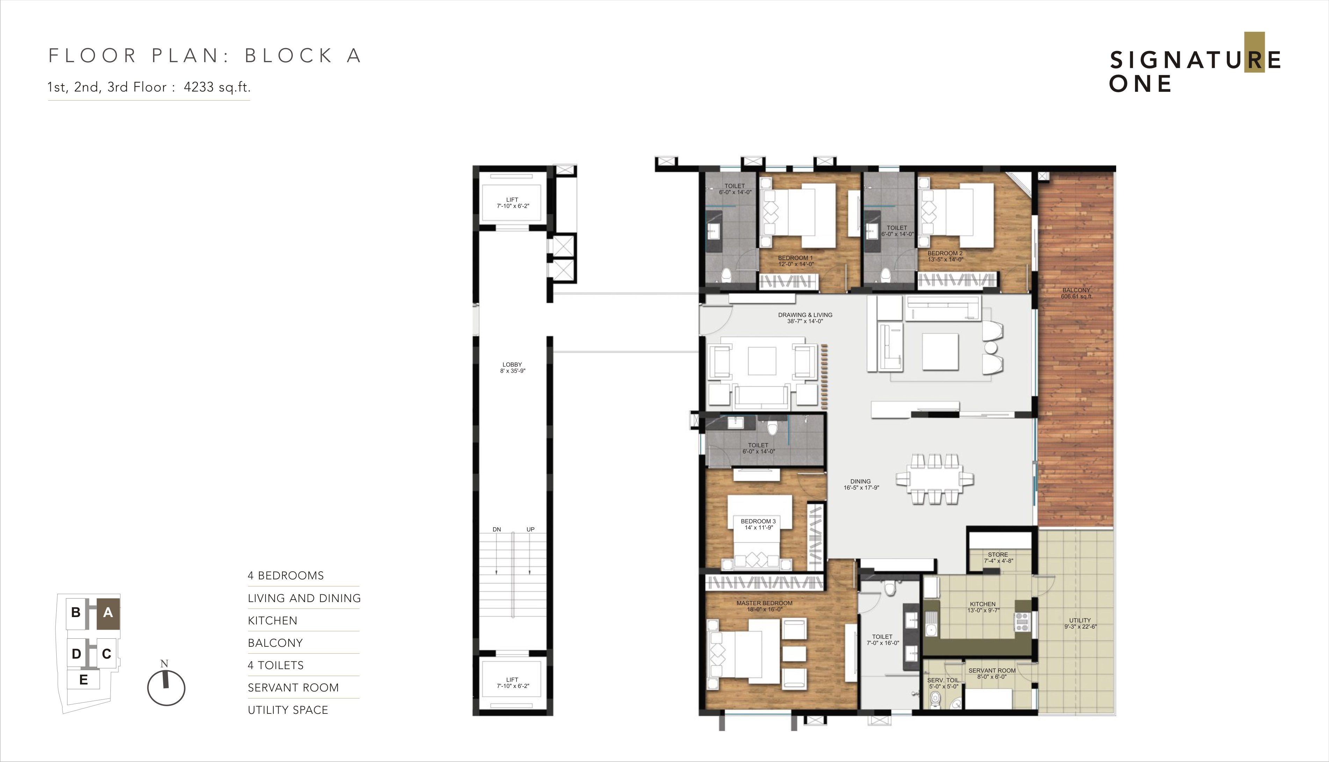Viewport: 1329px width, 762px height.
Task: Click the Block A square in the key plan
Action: click(108, 613)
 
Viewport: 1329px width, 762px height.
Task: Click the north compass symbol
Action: click(166, 686)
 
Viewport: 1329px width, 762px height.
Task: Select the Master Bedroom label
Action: click(765, 606)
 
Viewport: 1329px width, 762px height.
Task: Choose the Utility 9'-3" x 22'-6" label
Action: click(1080, 623)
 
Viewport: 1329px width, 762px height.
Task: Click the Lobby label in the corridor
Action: click(512, 367)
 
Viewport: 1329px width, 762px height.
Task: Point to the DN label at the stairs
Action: click(497, 530)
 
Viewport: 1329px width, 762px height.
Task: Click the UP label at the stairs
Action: click(530, 530)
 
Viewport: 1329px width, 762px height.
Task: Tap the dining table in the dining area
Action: click(935, 479)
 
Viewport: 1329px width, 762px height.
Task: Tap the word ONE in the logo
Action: click(1140, 84)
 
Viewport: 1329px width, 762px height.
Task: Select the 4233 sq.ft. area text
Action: click(217, 87)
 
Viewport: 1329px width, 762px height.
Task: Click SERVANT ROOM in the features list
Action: click(293, 688)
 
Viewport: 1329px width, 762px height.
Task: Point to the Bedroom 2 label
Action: click(945, 256)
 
